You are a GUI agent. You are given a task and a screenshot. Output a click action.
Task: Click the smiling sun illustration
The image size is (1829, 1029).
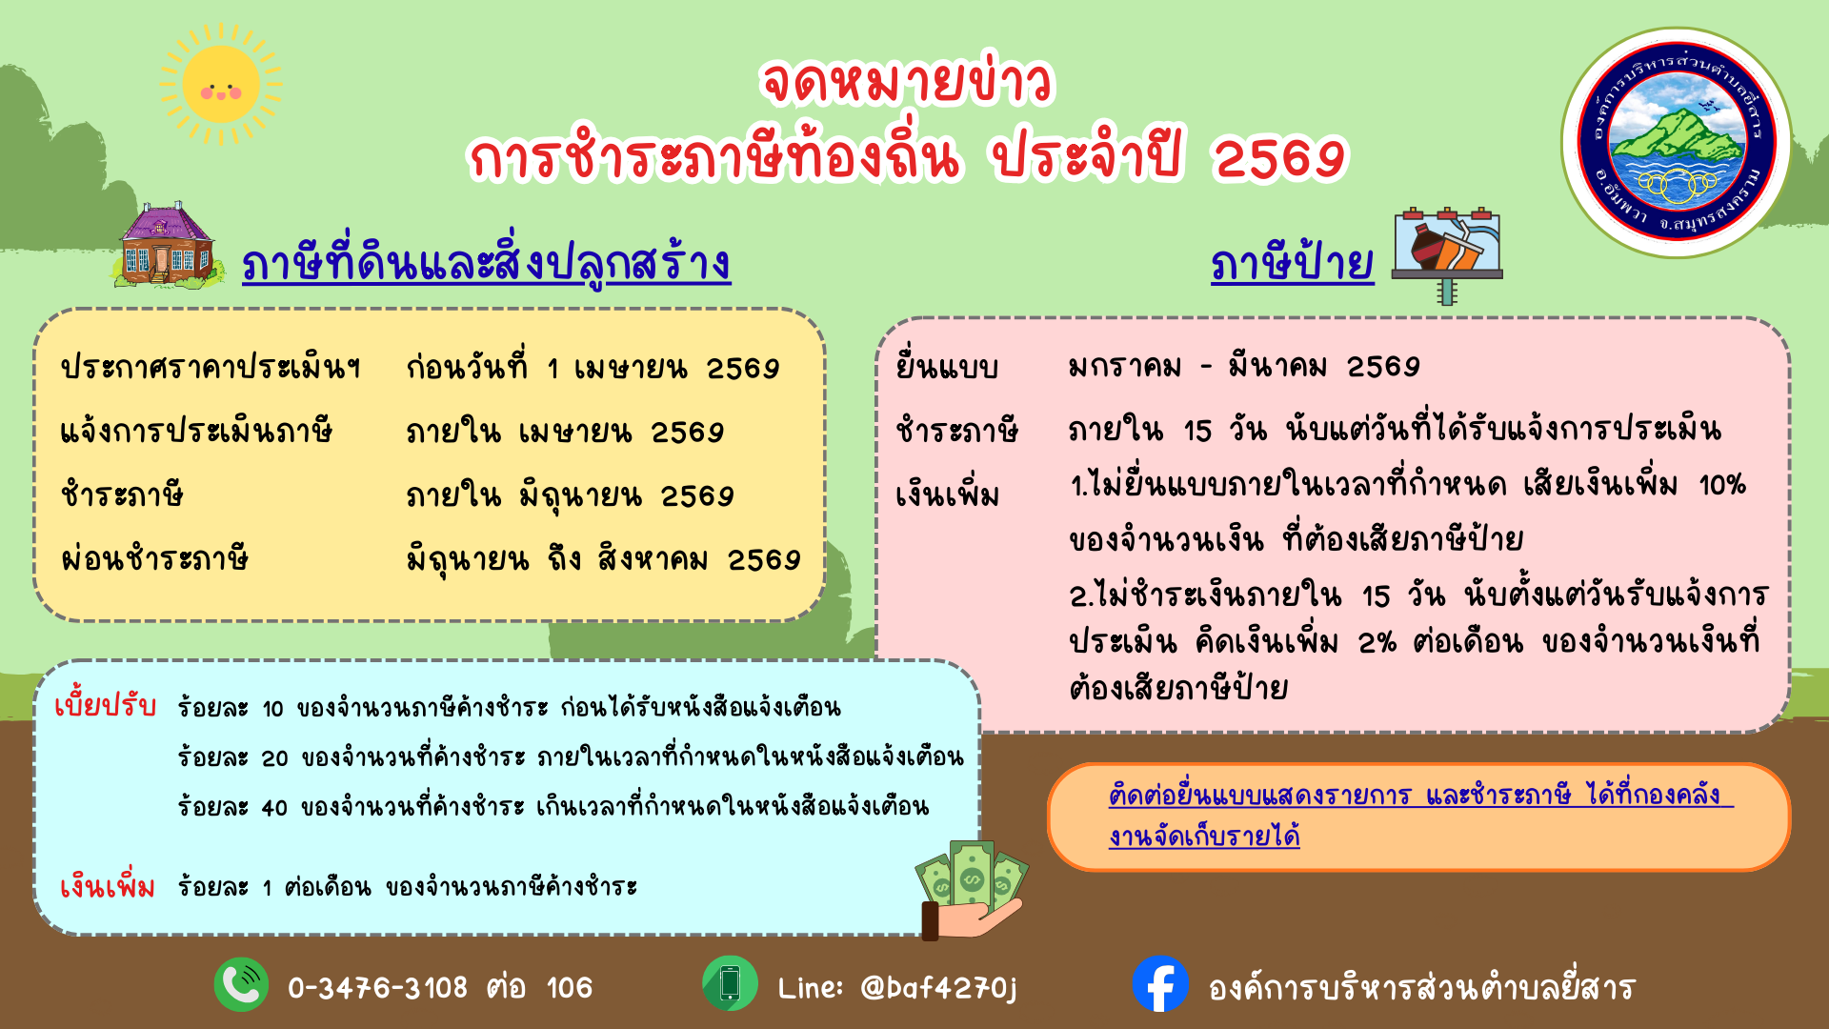tap(221, 86)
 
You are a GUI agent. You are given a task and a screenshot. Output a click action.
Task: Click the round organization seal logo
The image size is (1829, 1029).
tap(1676, 142)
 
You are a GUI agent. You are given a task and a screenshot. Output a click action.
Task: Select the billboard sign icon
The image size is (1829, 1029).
tap(1447, 254)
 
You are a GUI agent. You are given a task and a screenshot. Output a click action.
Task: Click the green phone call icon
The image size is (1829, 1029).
tap(241, 984)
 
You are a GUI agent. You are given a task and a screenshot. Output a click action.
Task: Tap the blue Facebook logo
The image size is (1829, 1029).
tap(1160, 984)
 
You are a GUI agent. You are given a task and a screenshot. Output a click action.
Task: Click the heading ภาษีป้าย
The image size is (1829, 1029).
tap(1292, 263)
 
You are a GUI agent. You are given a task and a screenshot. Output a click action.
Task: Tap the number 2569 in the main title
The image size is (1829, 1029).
tap(1279, 158)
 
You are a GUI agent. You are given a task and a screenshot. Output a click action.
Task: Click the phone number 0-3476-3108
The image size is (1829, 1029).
tap(377, 988)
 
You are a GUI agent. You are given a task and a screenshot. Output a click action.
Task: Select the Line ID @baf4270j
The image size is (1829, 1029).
tap(938, 988)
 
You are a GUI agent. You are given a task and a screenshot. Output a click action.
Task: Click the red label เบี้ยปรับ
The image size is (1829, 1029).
tap(105, 705)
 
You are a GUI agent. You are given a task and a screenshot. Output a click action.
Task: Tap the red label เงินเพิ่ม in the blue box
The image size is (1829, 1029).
tap(107, 886)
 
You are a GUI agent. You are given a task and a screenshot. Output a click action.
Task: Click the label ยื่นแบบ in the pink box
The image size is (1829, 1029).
tap(946, 366)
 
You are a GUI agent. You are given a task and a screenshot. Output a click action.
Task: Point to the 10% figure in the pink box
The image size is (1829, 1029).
tap(1721, 486)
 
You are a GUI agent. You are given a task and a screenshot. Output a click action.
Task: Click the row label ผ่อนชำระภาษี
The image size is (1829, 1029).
tap(154, 558)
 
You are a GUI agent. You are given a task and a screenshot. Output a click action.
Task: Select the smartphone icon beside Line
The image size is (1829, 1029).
tap(730, 984)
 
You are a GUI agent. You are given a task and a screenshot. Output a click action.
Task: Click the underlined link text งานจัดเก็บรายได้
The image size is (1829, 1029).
tap(1204, 837)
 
